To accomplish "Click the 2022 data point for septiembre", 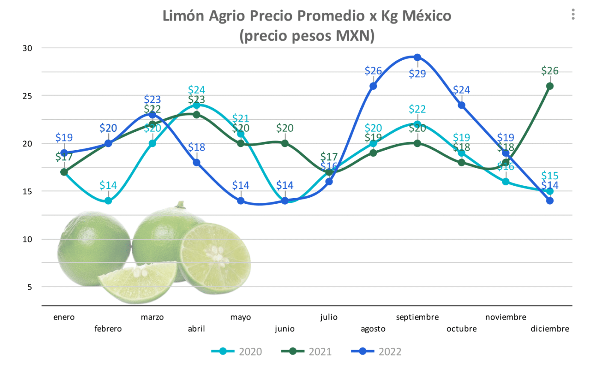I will (x=417, y=58).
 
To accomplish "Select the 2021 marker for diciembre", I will (x=550, y=86).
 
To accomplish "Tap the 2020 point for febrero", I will (x=108, y=201).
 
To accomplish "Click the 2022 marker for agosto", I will (x=373, y=86).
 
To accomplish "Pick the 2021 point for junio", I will (x=285, y=143).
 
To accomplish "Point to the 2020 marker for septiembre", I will (x=417, y=124).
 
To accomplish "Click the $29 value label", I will (x=417, y=74).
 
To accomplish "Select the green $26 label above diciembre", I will (x=550, y=71).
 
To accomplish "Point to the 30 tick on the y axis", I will (x=27, y=48).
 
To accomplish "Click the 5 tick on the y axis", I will (x=30, y=287).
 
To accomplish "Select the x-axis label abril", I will (x=196, y=329).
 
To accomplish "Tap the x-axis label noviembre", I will (x=506, y=317).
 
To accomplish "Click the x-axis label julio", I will (x=329, y=317).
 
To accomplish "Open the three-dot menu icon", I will (x=573, y=15).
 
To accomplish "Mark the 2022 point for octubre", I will (x=462, y=105).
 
